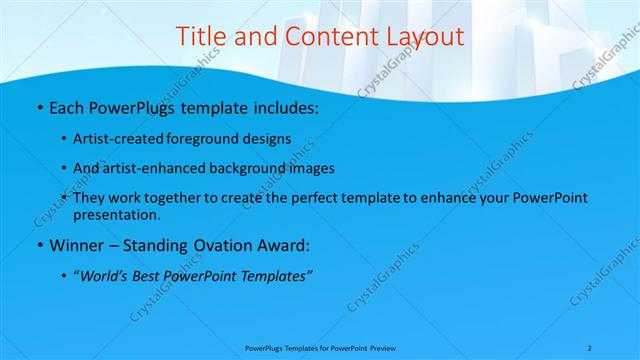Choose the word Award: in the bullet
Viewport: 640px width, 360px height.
pos(287,245)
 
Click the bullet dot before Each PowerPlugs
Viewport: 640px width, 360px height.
pos(38,106)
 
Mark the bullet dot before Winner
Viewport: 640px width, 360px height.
pos(38,246)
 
